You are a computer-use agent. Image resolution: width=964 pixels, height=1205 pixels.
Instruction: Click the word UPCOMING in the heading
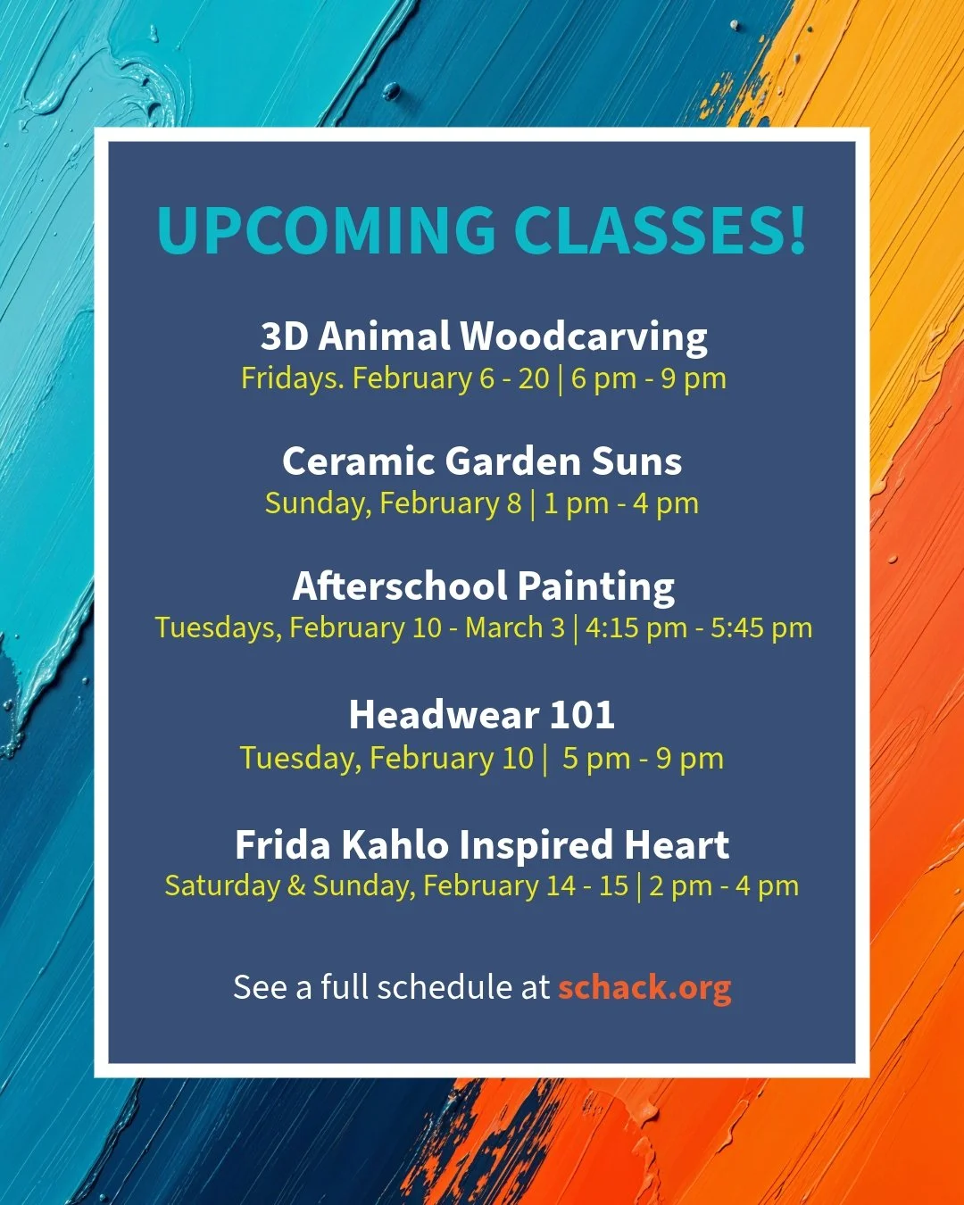[x=326, y=230]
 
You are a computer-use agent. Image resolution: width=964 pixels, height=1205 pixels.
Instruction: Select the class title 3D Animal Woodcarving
[x=484, y=337]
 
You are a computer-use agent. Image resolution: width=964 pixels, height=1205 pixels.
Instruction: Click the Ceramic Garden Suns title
[x=482, y=461]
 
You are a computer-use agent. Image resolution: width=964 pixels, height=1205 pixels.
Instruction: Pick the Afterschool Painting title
[x=483, y=586]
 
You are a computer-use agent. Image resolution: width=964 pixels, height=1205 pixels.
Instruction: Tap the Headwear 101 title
[x=482, y=715]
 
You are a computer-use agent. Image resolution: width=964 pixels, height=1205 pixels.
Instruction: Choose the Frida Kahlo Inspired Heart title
[x=482, y=844]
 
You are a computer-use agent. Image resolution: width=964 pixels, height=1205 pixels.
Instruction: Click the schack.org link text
[x=644, y=987]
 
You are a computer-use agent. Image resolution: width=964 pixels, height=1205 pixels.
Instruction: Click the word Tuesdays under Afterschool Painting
[x=218, y=627]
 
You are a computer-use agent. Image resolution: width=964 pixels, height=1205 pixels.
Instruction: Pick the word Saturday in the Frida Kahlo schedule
[x=222, y=886]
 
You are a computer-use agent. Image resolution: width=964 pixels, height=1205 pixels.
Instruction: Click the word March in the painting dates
[x=503, y=627]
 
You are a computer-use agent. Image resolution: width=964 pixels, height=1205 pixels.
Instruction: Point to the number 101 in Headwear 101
[x=582, y=715]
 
